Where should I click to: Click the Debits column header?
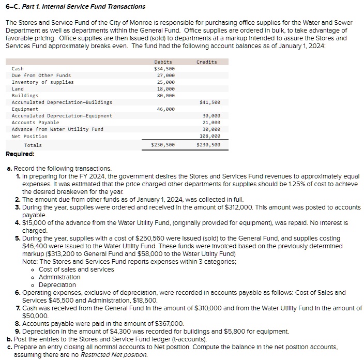pyautogui.click(x=163, y=62)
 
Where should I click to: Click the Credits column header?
pyautogui.click(x=207, y=62)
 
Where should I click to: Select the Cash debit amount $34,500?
pyautogui.click(x=164, y=69)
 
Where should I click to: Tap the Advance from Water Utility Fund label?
pyautogui.click(x=57, y=129)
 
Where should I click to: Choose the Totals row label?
pyautogui.click(x=33, y=145)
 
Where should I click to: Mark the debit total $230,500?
pyautogui.click(x=162, y=145)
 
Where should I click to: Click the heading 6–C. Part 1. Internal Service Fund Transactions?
pyautogui.click(x=75, y=7)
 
